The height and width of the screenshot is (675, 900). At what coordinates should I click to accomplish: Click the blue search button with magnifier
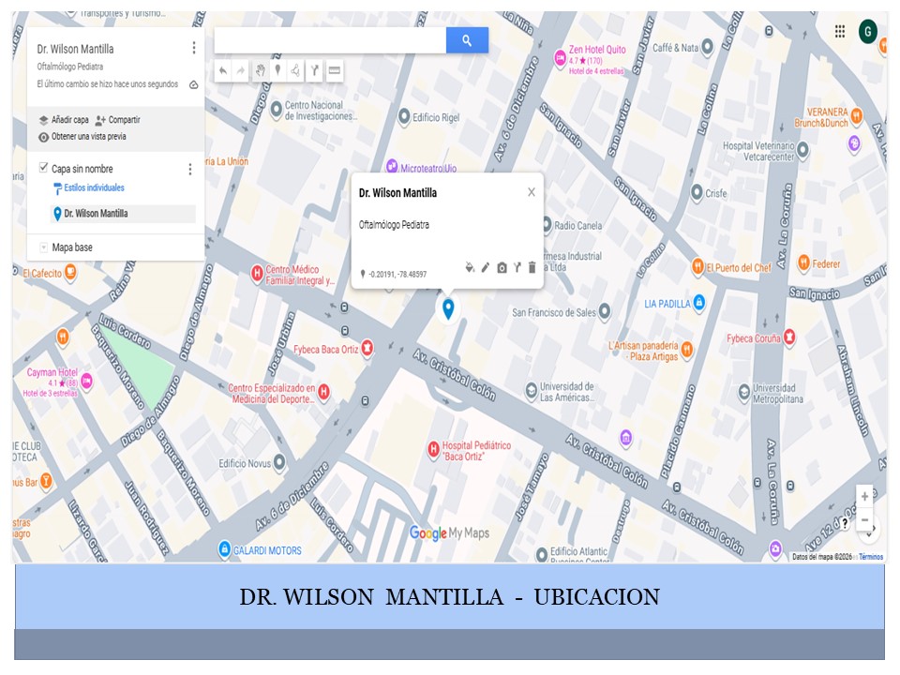point(467,40)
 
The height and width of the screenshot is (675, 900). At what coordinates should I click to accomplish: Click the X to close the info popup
point(532,192)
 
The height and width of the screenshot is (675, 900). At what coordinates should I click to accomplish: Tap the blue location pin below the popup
point(448,307)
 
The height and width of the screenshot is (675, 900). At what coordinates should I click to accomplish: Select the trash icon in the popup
point(532,268)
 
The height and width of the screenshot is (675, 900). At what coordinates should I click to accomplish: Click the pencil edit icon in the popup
point(486,268)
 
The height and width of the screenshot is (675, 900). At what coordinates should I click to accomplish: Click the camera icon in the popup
point(502,268)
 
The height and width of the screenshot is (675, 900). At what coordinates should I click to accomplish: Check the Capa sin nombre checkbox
point(43,168)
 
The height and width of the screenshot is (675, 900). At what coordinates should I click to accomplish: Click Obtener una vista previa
point(88,137)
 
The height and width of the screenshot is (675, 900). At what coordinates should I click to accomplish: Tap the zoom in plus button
point(864,497)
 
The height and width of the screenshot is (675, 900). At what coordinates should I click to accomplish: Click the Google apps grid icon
point(840,31)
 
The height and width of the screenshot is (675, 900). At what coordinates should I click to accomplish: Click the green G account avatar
point(867,31)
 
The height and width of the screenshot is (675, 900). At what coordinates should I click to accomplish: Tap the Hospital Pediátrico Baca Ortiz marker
point(434,450)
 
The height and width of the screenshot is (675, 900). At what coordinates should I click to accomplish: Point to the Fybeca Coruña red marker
point(789,337)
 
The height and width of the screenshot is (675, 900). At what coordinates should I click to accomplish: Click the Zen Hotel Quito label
point(598,50)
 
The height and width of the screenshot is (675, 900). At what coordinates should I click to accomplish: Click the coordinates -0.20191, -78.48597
point(397,274)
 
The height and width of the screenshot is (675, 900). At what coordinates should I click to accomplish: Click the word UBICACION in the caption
point(596,597)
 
